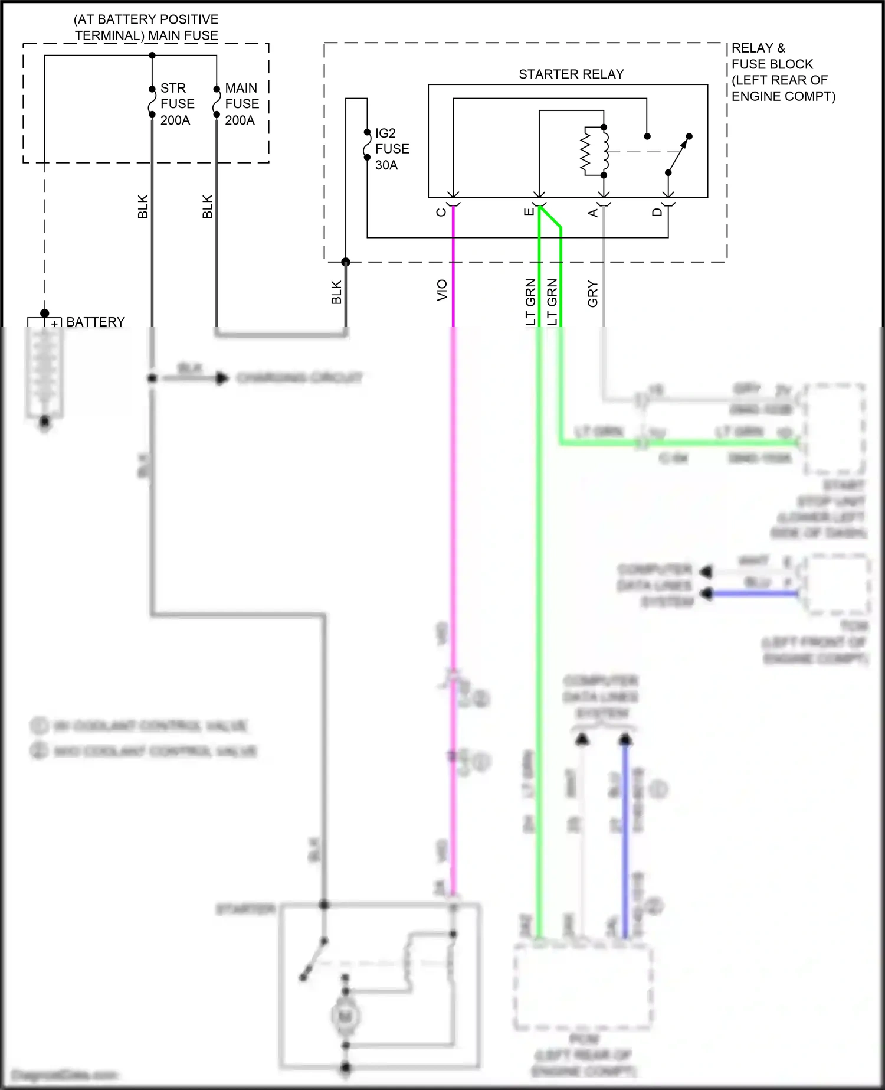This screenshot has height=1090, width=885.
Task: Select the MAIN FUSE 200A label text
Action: pyautogui.click(x=242, y=104)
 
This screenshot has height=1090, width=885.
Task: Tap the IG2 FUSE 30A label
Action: pyautogui.click(x=392, y=149)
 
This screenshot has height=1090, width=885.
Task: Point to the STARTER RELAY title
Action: pyautogui.click(x=571, y=74)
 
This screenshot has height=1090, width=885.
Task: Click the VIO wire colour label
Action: pyautogui.click(x=442, y=291)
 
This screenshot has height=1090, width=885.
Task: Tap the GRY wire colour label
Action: pyautogui.click(x=593, y=294)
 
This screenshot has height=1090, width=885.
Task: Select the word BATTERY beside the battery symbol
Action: pyautogui.click(x=96, y=322)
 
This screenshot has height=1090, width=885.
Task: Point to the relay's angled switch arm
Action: pyautogui.click(x=678, y=155)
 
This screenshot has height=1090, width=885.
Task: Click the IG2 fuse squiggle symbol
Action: pyautogui.click(x=367, y=145)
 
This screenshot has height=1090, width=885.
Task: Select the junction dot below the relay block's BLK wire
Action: pyautogui.click(x=346, y=262)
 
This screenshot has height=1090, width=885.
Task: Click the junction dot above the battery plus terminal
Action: pyautogui.click(x=44, y=313)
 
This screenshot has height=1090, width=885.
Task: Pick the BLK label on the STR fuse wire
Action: pyautogui.click(x=143, y=207)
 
